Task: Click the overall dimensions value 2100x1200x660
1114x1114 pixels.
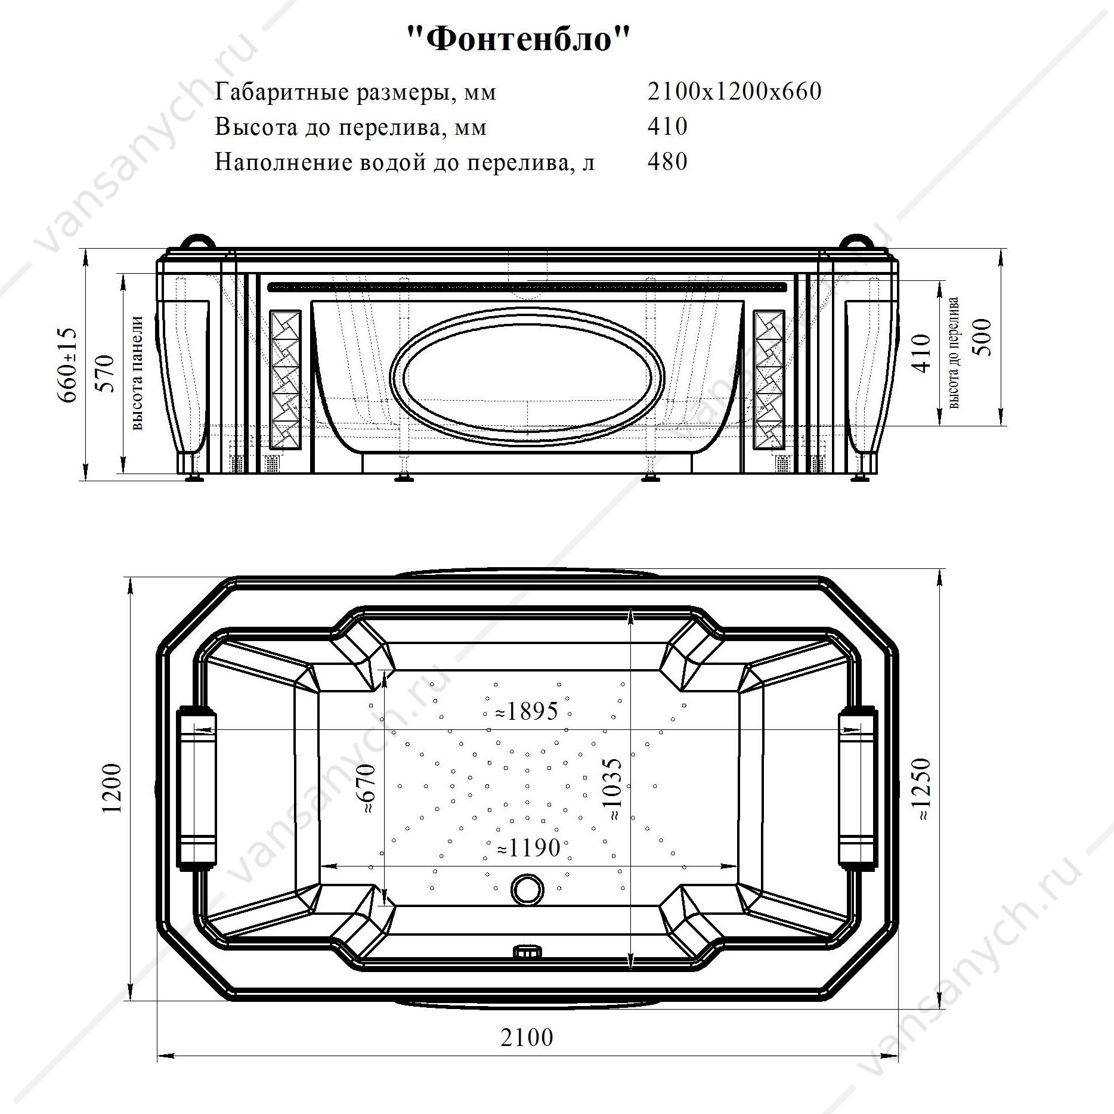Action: pyautogui.click(x=734, y=91)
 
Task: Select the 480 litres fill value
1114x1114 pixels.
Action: pyautogui.click(x=667, y=162)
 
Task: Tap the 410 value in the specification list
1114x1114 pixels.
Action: pyautogui.click(x=667, y=126)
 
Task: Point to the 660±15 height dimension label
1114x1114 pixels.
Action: pyautogui.click(x=67, y=365)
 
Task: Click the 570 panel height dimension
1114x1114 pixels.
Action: pyautogui.click(x=105, y=374)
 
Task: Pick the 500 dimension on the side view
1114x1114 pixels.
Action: pyautogui.click(x=982, y=338)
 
